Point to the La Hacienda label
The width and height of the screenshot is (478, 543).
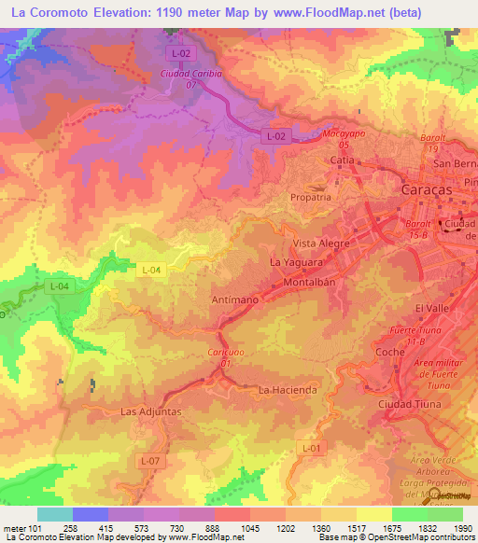tap(288, 389)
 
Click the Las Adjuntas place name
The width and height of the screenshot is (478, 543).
tap(150, 411)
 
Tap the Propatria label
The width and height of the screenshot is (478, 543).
tap(310, 198)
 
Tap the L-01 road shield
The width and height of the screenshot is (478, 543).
tap(313, 449)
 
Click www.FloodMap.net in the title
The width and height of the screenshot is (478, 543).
tap(316, 12)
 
